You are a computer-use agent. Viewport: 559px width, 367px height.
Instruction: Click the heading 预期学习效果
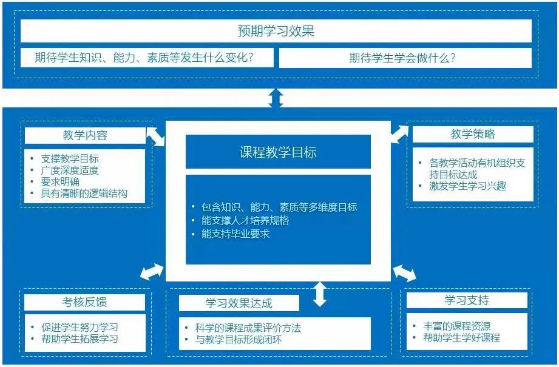pos(276,31)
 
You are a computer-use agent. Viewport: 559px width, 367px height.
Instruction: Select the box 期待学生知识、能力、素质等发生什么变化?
pos(144,58)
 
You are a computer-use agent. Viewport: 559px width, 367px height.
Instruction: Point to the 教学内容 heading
pos(84,135)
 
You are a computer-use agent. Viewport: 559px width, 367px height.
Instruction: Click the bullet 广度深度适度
pos(69,170)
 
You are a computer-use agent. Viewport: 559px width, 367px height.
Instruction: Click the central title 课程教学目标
pos(277,152)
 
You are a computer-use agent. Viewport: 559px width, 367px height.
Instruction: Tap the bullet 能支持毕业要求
pos(235,234)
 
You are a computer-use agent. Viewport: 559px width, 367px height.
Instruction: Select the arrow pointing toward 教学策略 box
pos(399,133)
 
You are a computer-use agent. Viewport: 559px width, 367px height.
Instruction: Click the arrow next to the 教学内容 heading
pos(155,136)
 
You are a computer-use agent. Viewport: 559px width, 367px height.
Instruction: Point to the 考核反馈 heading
pos(84,302)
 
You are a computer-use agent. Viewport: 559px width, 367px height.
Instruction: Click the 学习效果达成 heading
pos(239,303)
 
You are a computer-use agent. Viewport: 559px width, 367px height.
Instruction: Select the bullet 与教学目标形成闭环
pos(238,339)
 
